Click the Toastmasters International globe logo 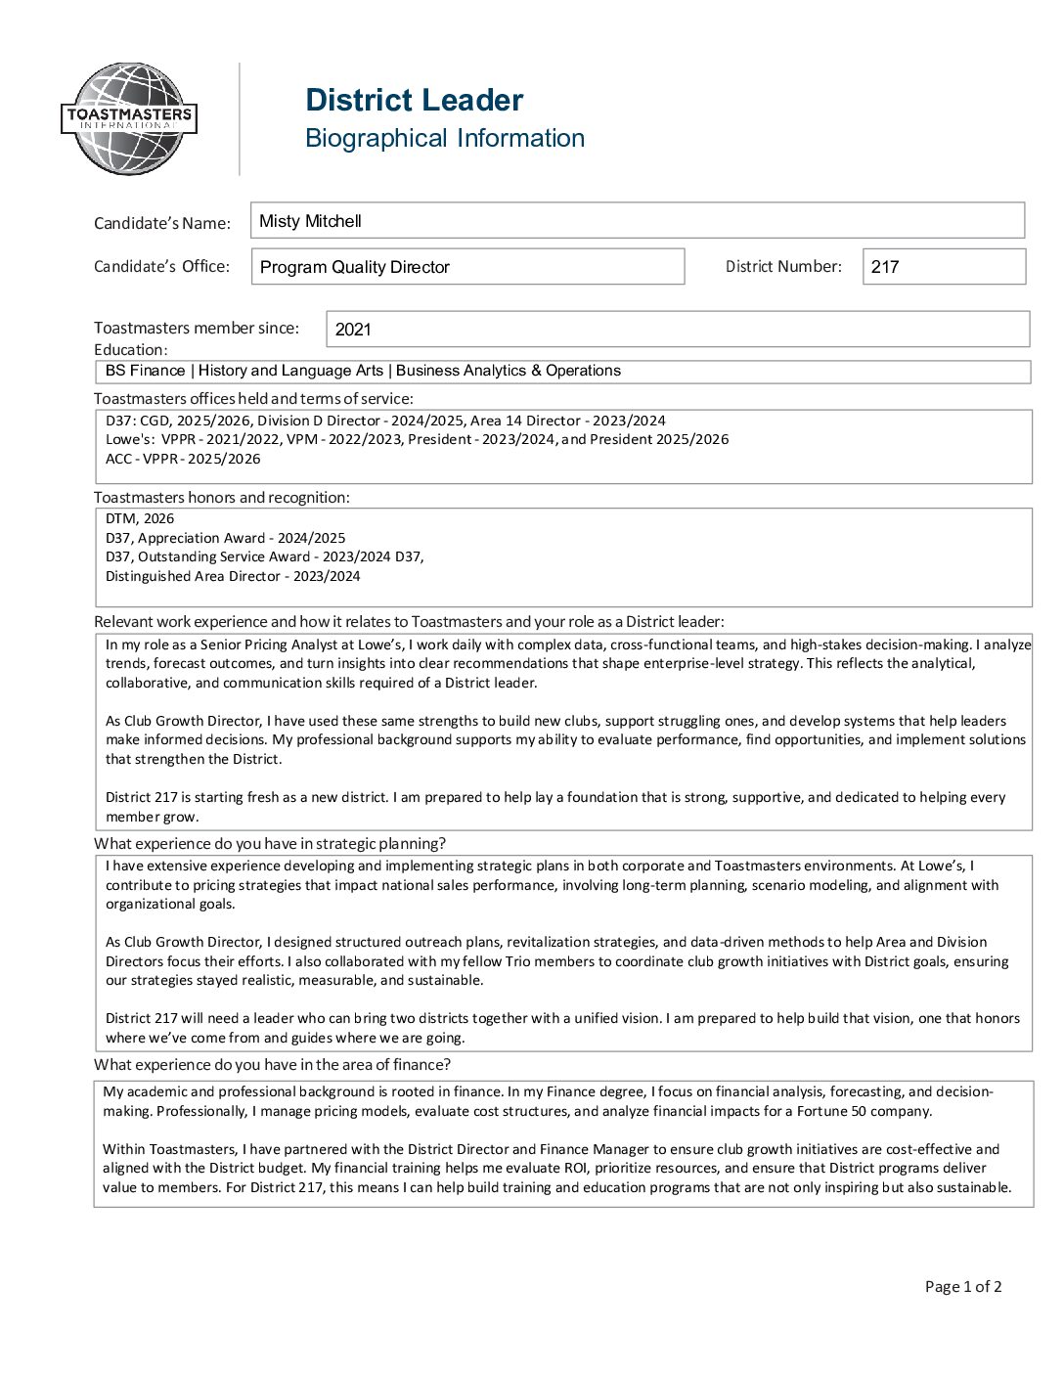point(129,119)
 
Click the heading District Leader point(414,100)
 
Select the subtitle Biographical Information point(444,138)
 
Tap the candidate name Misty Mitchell point(310,221)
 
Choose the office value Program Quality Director point(354,267)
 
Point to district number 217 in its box point(885,267)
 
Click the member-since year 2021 point(353,330)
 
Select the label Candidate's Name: point(162,223)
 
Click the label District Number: point(783,266)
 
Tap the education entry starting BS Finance point(363,371)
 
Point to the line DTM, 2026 point(140,518)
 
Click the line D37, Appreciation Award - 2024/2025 point(225,538)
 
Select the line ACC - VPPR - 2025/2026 point(183,459)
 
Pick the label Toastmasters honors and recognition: point(222,497)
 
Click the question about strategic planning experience point(270,843)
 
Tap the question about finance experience point(272,1064)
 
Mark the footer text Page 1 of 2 point(963,1286)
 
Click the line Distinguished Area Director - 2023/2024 point(233,576)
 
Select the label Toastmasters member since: point(197,328)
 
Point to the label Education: point(131,349)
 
